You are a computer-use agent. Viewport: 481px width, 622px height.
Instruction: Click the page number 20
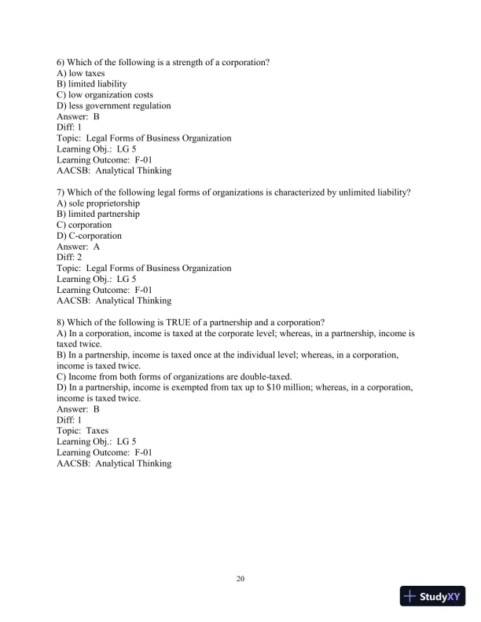point(240,580)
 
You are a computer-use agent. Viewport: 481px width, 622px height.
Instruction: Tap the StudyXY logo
point(433,596)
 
